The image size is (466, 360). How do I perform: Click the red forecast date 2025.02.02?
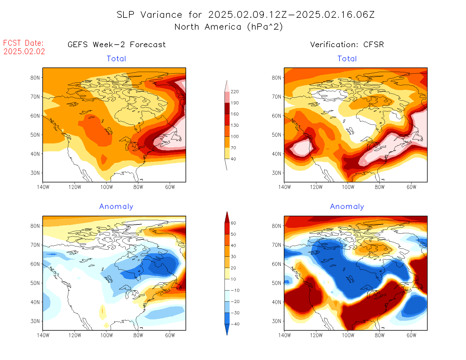coord(24,51)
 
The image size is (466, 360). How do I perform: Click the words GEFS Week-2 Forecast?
coord(117,45)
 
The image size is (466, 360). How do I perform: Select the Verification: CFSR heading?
coord(347,45)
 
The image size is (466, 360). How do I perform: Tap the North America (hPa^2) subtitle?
coord(228,27)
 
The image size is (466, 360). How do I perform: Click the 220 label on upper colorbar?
coord(234,92)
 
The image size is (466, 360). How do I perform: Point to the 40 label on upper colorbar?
coord(233,159)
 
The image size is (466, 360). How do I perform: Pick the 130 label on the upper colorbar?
coord(234,125)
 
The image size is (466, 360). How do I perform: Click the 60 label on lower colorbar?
coord(233,223)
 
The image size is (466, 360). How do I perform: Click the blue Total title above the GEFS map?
coord(116,59)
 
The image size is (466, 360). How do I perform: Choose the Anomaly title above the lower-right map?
coord(347,207)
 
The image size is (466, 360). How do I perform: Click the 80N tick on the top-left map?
coord(35,78)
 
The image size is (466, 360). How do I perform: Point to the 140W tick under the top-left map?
coord(43,187)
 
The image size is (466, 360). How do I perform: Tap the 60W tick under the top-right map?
coord(411,187)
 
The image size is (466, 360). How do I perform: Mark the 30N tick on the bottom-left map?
coord(35,321)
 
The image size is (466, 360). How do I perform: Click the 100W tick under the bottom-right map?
coord(348,335)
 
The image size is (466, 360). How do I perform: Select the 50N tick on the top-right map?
coord(276,135)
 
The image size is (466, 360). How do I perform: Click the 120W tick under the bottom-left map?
coord(75,335)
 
